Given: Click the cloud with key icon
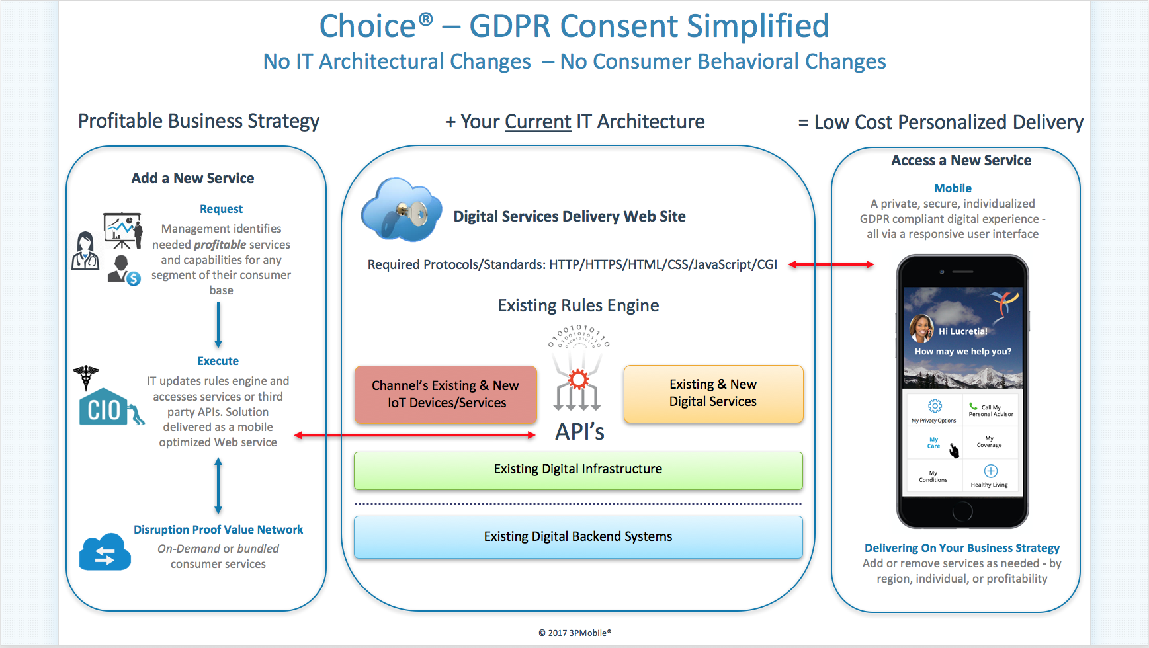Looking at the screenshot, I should (401, 210).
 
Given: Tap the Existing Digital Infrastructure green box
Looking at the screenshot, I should (578, 470).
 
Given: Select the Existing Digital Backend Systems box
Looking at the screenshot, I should (578, 537).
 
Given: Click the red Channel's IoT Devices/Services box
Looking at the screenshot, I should (445, 395).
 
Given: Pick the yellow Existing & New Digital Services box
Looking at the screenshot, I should (713, 393).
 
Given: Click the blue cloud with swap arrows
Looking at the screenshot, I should (105, 553).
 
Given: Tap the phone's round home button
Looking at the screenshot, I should (962, 511).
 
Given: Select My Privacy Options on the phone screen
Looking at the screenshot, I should (934, 411).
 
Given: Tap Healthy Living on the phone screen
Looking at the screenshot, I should (990, 475).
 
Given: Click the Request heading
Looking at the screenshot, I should (221, 209).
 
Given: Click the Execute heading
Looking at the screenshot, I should (218, 361).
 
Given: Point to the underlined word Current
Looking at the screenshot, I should (538, 122).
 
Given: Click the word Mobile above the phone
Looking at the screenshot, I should (953, 188).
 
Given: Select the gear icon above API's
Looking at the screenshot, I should (578, 379).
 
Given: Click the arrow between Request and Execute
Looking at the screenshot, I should (218, 325).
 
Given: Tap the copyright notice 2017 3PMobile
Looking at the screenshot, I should (575, 633).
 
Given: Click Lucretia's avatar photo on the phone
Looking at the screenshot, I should (921, 329).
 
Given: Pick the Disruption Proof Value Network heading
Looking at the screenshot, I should (218, 530).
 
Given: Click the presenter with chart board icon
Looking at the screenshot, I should (123, 229).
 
